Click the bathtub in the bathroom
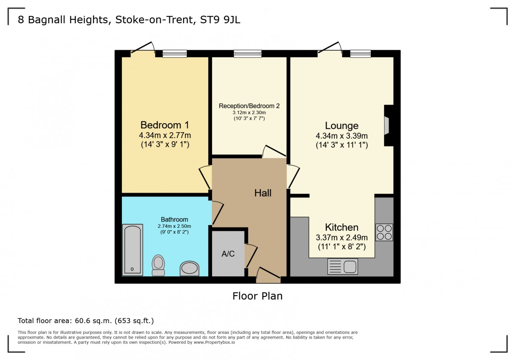pyautogui.click(x=133, y=250)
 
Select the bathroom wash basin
pyautogui.click(x=189, y=268)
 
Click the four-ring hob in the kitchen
pyautogui.click(x=384, y=232)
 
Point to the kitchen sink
pyautogui.click(x=342, y=266)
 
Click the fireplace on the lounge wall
pyautogui.click(x=388, y=126)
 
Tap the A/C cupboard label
pyautogui.click(x=228, y=254)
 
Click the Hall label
pyautogui.click(x=263, y=193)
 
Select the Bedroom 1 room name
pyautogui.click(x=165, y=125)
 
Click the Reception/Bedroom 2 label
pyautogui.click(x=249, y=106)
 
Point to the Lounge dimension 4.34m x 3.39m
pyautogui.click(x=342, y=136)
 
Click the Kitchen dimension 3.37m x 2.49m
pyautogui.click(x=342, y=237)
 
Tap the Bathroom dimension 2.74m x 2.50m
pyautogui.click(x=174, y=226)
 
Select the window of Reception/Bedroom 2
pyautogui.click(x=248, y=54)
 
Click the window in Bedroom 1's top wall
pyautogui.click(x=175, y=54)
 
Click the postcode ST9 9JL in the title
pyautogui.click(x=220, y=20)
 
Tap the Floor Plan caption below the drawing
pyautogui.click(x=257, y=296)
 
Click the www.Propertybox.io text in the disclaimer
pyautogui.click(x=214, y=342)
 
